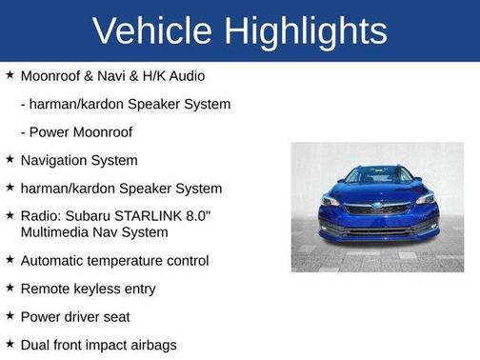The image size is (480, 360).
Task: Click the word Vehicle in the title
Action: [151, 30]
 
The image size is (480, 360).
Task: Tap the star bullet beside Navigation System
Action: [10, 160]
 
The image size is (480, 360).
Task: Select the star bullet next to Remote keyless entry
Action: [10, 288]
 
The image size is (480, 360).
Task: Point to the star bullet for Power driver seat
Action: [10, 315]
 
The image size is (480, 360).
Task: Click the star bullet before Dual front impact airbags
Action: [10, 344]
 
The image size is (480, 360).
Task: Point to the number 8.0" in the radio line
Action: [196, 216]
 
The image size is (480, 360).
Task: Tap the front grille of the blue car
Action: [377, 209]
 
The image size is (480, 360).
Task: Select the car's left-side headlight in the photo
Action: [331, 199]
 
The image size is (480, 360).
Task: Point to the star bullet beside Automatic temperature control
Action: [10, 259]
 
